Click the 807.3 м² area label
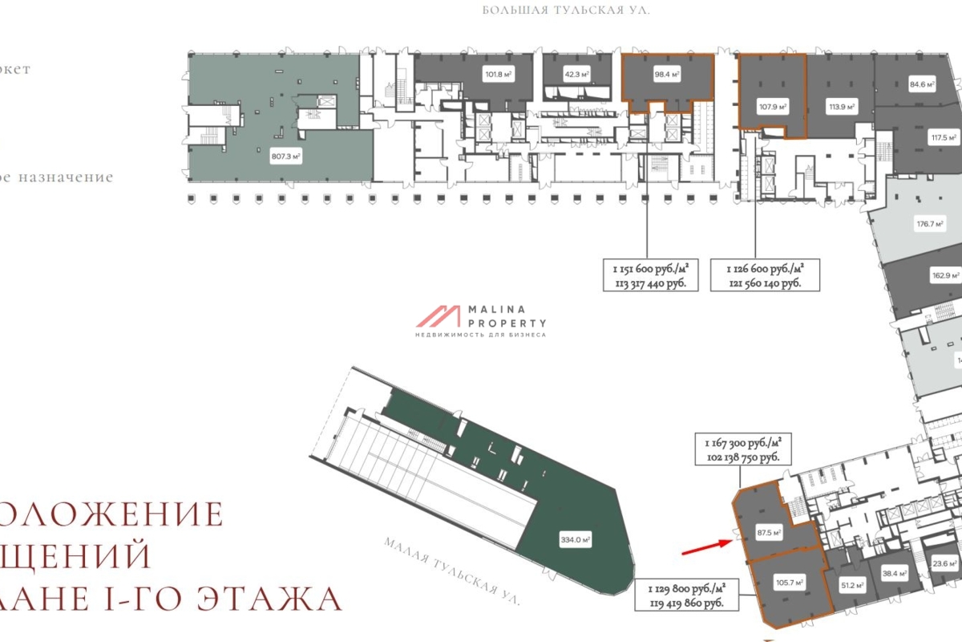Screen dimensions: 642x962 point(286,157)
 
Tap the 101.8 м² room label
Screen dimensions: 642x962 point(498,75)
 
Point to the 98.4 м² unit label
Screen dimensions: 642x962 point(667,75)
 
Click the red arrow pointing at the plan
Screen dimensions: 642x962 point(706,547)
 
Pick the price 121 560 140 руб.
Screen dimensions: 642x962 point(763,283)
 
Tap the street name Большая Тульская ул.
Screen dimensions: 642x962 point(565,10)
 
